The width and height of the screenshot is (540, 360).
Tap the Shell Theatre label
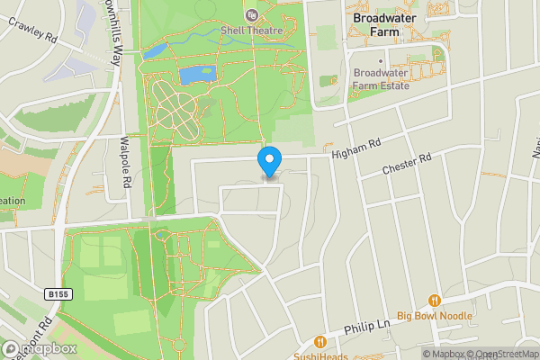click(x=252, y=30)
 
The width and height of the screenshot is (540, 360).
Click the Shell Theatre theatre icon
click(x=251, y=14)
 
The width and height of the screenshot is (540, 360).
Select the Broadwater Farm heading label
click(x=390, y=23)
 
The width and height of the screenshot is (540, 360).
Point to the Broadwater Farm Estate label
click(x=382, y=79)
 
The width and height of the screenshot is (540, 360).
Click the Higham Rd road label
click(x=356, y=148)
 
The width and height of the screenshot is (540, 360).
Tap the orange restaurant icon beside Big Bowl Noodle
click(x=435, y=300)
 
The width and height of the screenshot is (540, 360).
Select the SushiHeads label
click(x=320, y=356)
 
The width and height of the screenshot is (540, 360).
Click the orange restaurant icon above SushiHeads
click(x=320, y=342)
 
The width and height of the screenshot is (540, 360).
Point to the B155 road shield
click(x=58, y=293)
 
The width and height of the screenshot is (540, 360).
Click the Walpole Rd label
click(x=127, y=163)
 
